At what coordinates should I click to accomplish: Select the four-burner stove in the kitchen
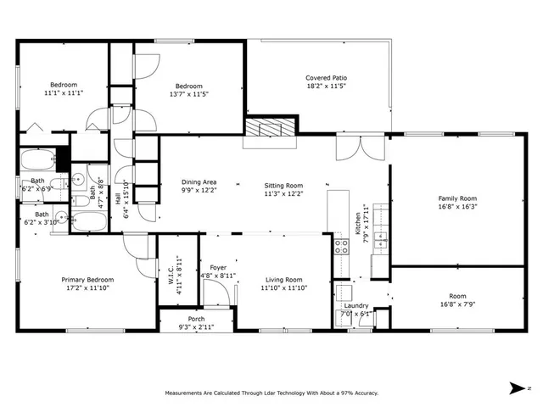click(342, 247)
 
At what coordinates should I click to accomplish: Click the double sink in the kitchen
click(381, 241)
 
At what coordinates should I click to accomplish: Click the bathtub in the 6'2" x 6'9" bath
click(36, 159)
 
